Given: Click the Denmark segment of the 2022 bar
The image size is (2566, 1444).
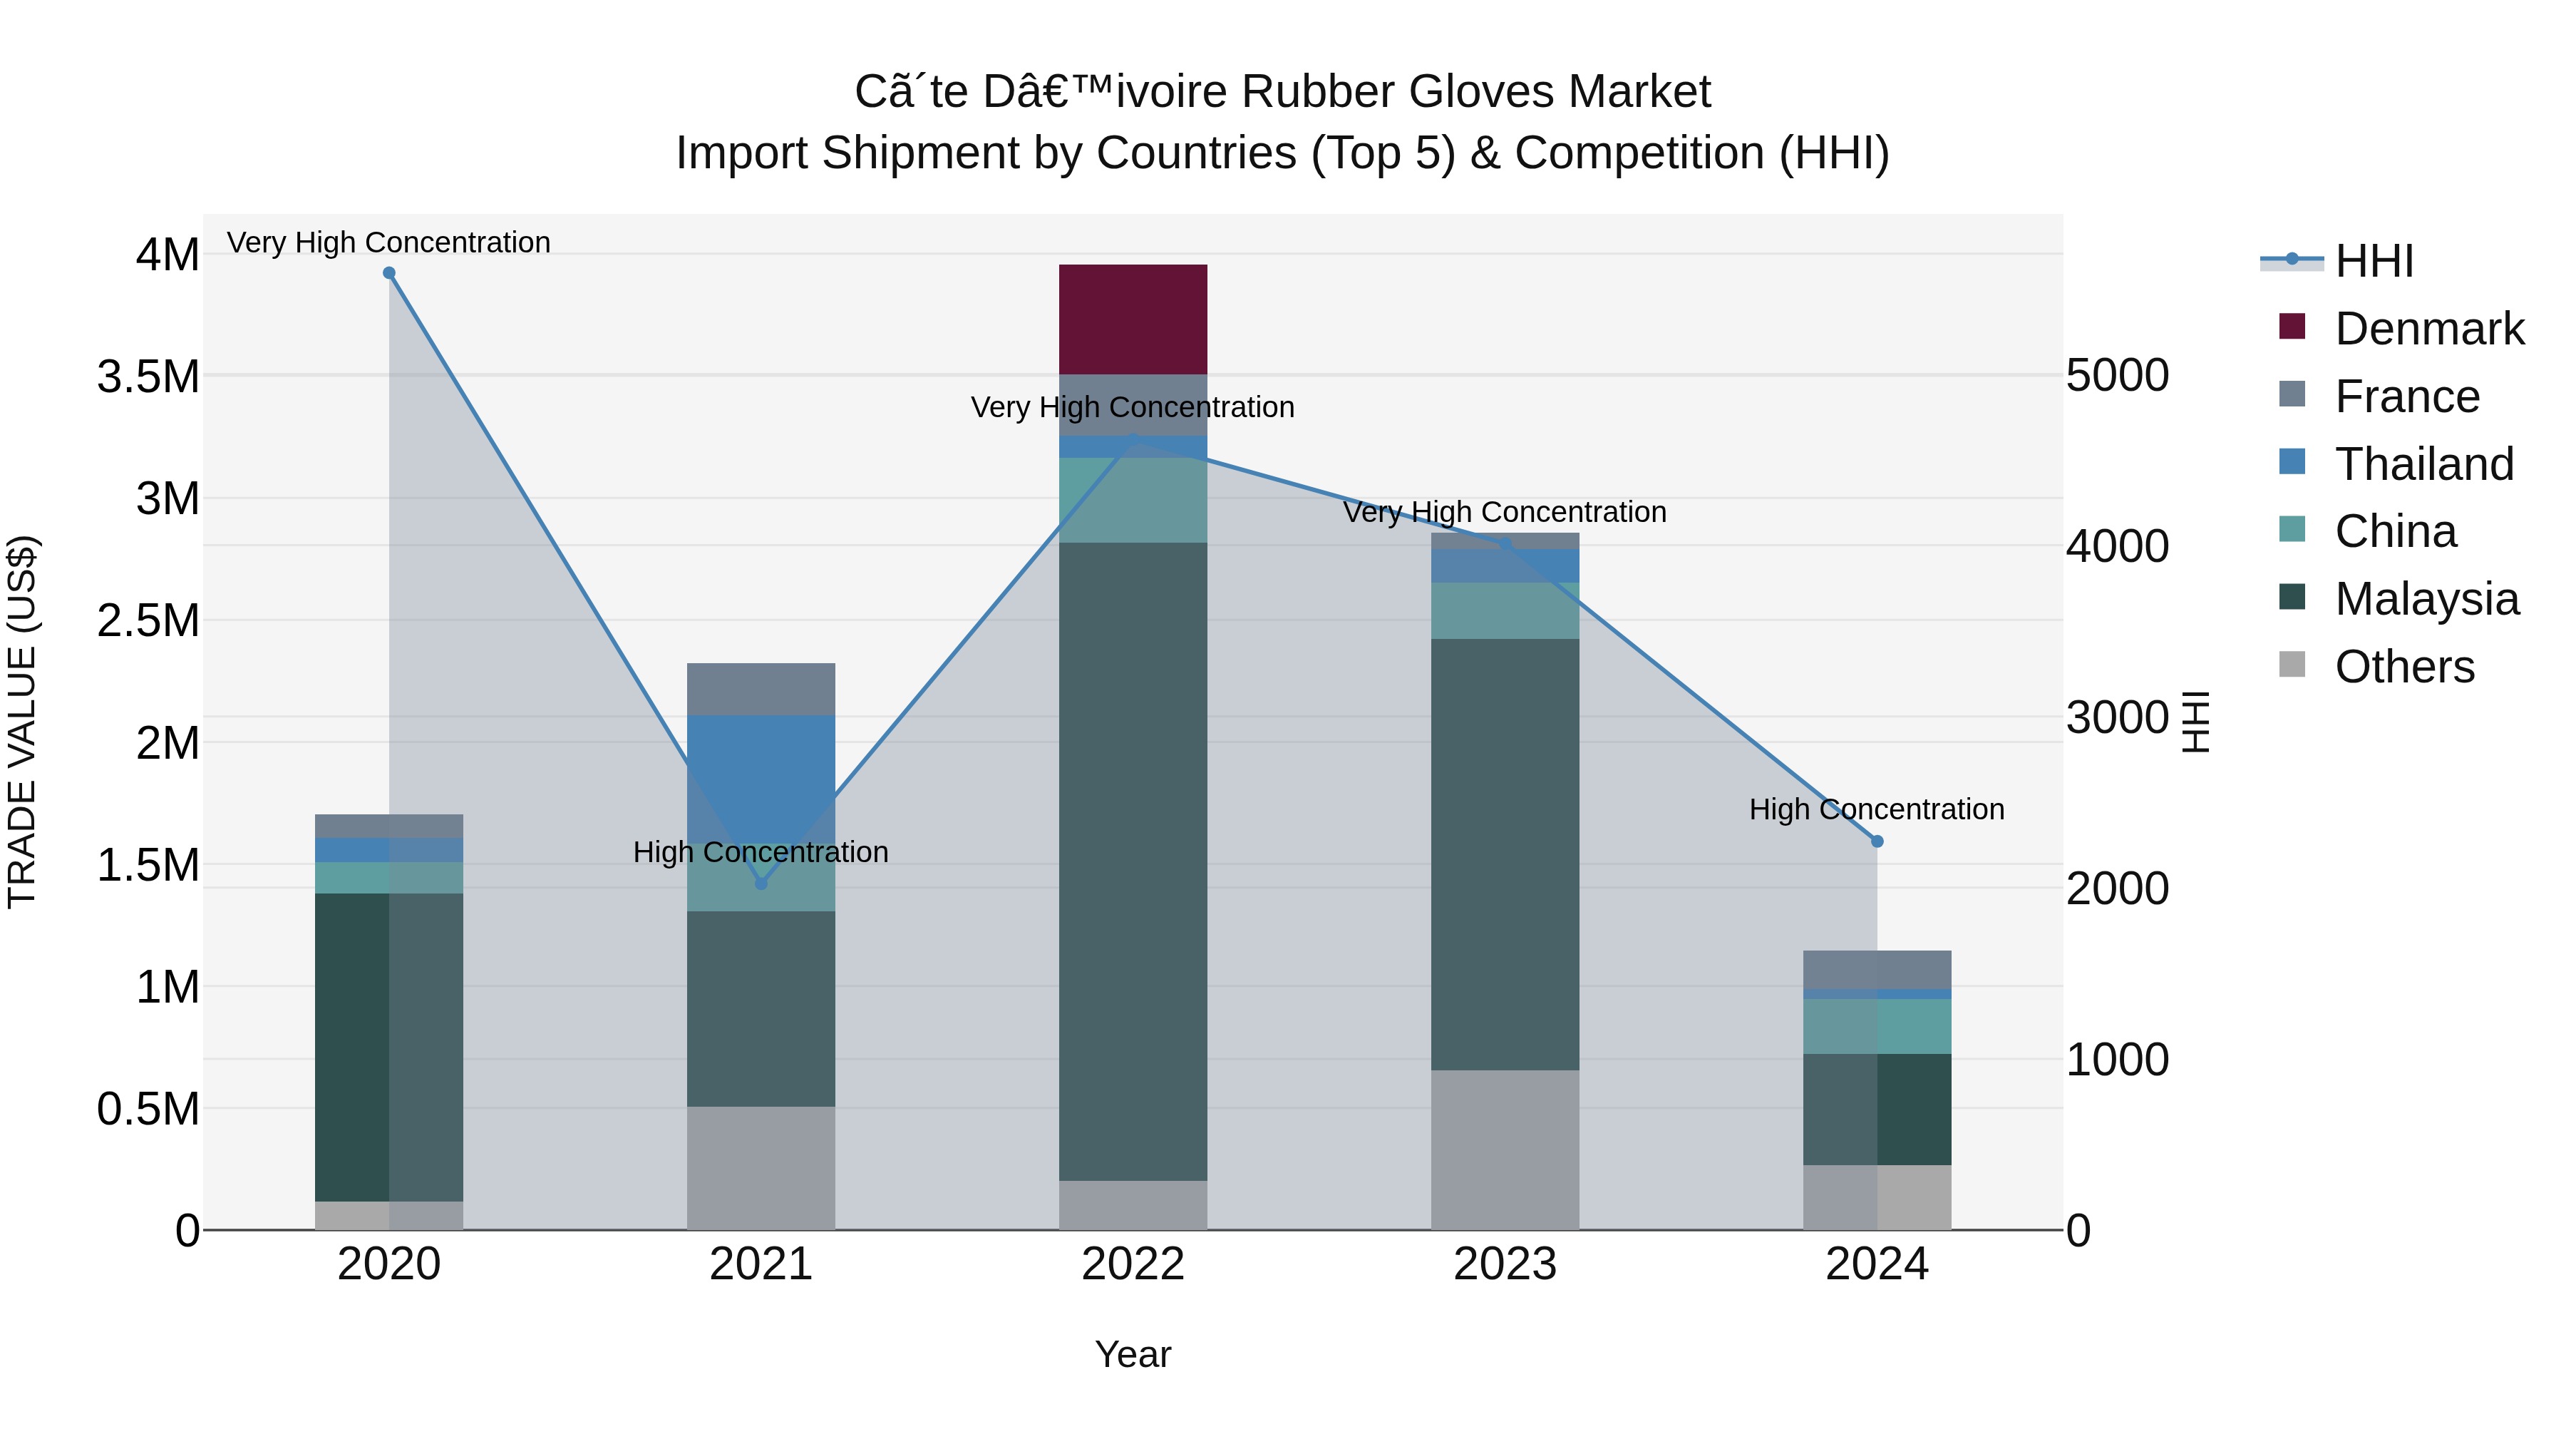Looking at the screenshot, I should (1133, 319).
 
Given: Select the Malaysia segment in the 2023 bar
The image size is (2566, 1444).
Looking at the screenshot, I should (1504, 854).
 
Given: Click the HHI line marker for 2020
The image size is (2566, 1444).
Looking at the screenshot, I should (389, 273).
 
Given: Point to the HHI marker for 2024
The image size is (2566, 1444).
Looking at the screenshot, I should (1877, 841).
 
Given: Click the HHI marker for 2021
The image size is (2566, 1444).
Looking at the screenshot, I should (761, 883).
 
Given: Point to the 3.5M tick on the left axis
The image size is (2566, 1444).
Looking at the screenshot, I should (148, 377).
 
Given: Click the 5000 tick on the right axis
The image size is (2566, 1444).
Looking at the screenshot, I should (2118, 376).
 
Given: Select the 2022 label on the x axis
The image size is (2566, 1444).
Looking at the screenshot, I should (1133, 1264).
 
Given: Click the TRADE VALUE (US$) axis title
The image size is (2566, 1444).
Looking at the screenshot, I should (23, 722).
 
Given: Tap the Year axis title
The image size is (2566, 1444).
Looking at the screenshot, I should (1133, 1354).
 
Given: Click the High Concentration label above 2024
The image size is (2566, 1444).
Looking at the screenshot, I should (1877, 809).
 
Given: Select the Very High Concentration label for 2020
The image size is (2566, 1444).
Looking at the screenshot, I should (388, 242).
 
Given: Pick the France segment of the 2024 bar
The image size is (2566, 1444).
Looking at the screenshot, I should (1877, 968).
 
